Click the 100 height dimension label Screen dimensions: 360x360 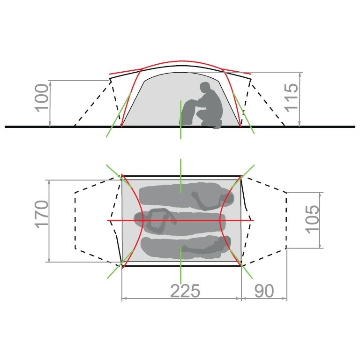[x=42, y=98]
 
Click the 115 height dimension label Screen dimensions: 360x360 [x=291, y=98]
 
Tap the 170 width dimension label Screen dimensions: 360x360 [x=42, y=214]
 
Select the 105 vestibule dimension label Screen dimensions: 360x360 [x=312, y=219]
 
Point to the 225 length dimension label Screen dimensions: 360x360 [x=185, y=291]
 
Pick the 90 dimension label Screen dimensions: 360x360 [x=264, y=291]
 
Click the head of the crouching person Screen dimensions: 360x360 [x=205, y=87]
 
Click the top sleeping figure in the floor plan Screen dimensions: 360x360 [x=187, y=197]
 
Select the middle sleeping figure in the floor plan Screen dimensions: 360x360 [x=180, y=222]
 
